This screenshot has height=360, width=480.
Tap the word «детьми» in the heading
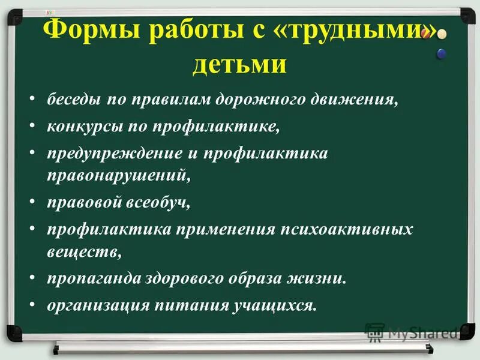tap(239, 64)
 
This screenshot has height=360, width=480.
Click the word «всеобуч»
tap(158, 202)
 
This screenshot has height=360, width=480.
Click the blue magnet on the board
tap(442, 53)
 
